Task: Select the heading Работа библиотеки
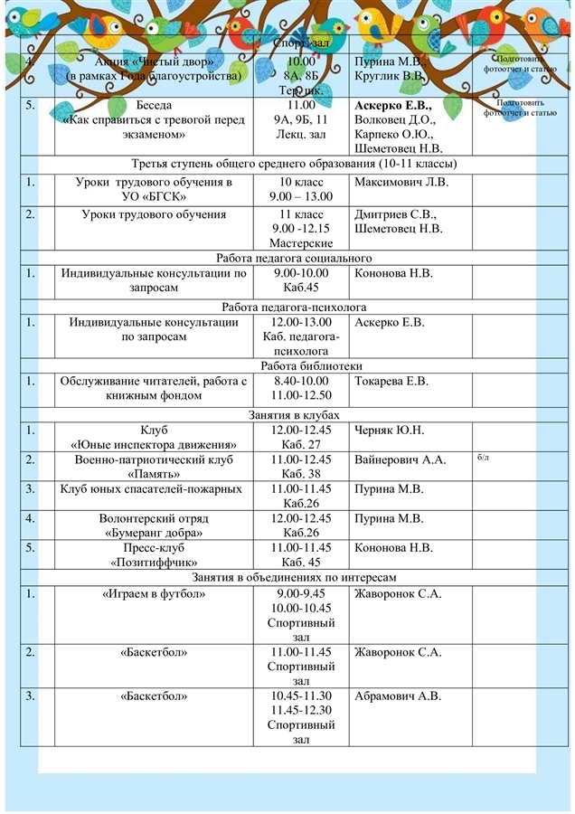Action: click(311, 366)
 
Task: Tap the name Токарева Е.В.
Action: click(391, 381)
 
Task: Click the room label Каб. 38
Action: click(301, 474)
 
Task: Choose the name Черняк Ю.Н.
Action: click(390, 430)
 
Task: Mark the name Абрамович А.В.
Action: click(398, 696)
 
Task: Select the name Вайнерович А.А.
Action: click(401, 459)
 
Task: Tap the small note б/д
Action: click(482, 458)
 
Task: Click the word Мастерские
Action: click(301, 243)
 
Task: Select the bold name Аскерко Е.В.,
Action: click(393, 105)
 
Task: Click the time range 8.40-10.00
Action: click(301, 381)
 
